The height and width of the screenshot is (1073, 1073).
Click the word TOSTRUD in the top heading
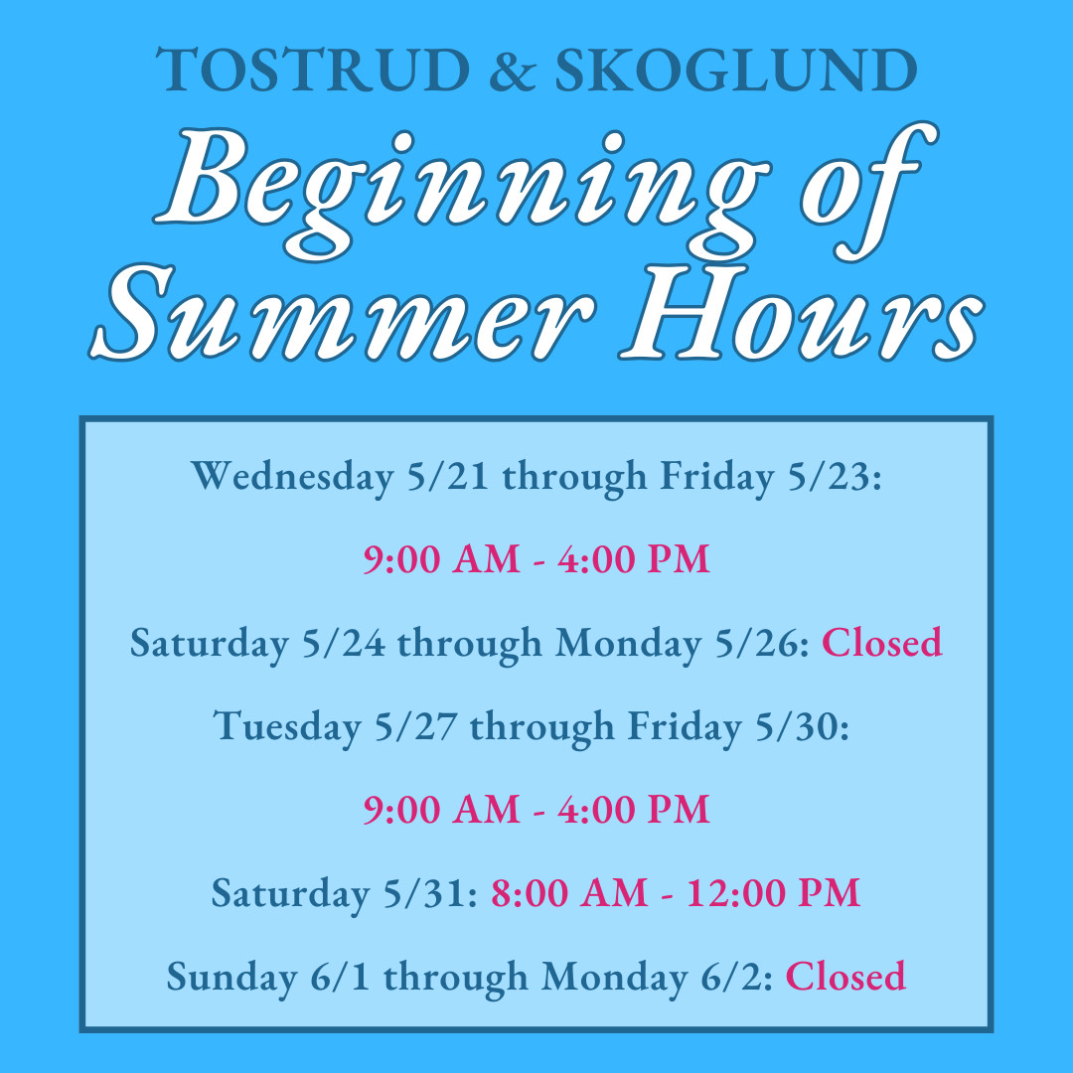pyautogui.click(x=313, y=70)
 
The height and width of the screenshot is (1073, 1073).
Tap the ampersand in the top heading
pyautogui.click(x=513, y=70)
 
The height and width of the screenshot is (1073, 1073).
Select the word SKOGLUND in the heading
pyautogui.click(x=735, y=70)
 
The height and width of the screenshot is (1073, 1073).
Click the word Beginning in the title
pyautogui.click(x=463, y=192)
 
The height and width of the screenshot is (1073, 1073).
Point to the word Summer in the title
pyautogui.click(x=341, y=312)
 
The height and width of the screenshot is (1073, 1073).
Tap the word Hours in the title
pyautogui.click(x=802, y=312)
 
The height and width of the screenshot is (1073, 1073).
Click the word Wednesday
pyautogui.click(x=292, y=477)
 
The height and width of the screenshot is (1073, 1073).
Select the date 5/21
pyautogui.click(x=447, y=476)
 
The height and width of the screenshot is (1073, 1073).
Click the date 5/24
pyautogui.click(x=344, y=643)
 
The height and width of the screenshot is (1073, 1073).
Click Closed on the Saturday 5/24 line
pyautogui.click(x=881, y=643)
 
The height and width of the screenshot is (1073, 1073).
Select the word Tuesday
pyautogui.click(x=287, y=726)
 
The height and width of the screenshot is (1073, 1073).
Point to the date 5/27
pyautogui.click(x=416, y=726)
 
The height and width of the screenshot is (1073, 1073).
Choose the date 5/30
pyautogui.click(x=802, y=726)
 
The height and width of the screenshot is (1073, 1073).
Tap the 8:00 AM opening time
pyautogui.click(x=569, y=894)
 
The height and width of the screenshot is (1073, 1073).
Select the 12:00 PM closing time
pyautogui.click(x=773, y=894)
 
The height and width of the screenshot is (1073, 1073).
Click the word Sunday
pyautogui.click(x=231, y=978)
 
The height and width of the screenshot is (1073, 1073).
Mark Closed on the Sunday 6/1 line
pyautogui.click(x=845, y=977)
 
